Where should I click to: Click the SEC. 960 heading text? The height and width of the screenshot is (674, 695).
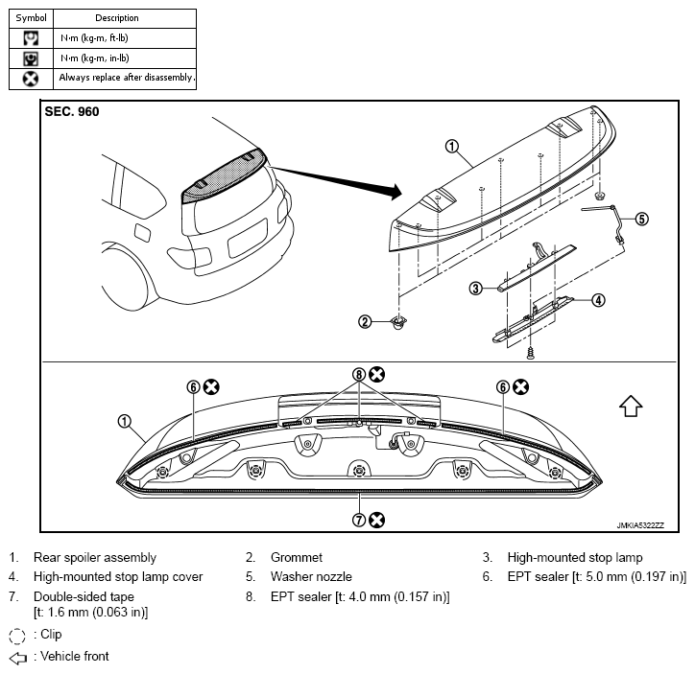(x=72, y=111)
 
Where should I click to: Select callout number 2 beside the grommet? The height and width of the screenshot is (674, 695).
(x=365, y=322)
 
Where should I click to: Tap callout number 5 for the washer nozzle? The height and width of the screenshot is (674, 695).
(x=641, y=219)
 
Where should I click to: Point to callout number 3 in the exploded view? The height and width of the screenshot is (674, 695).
(x=475, y=289)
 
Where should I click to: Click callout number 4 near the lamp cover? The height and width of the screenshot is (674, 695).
(x=598, y=300)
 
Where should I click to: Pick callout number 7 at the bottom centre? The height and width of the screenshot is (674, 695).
(x=359, y=520)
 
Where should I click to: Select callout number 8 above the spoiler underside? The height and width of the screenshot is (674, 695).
(x=359, y=375)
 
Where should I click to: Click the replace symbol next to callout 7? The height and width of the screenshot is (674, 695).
(x=376, y=520)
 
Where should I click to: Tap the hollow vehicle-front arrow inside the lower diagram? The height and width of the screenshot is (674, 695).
(x=631, y=406)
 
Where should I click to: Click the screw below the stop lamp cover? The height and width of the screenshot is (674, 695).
(x=530, y=353)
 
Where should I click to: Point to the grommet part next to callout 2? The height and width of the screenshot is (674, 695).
(x=399, y=322)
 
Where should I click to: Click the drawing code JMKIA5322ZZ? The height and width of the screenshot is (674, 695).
(x=640, y=525)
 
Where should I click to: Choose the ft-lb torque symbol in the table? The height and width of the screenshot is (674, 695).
(x=31, y=38)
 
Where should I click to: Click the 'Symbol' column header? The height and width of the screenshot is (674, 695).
(x=31, y=18)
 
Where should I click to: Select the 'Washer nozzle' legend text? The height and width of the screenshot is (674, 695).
(x=311, y=576)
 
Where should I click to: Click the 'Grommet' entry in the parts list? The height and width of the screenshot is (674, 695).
(x=297, y=557)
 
